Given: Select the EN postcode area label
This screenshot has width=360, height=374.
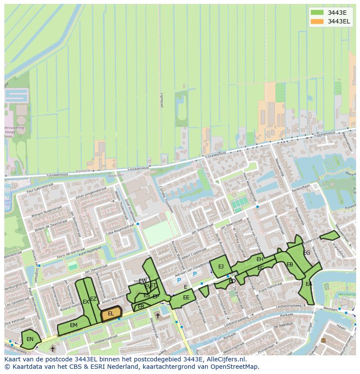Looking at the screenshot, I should point(30,339).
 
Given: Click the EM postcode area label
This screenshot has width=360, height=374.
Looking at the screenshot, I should point(73,325).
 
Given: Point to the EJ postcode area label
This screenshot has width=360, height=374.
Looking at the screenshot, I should point(221,267).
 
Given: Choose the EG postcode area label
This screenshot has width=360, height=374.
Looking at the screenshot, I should point(307,253).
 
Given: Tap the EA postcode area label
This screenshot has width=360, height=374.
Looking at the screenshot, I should point(309,284).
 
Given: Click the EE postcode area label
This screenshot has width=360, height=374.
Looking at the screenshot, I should point(186,298).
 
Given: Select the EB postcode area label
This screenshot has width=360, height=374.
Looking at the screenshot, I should point(290,265).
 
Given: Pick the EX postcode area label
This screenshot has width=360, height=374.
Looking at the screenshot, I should point(86,302).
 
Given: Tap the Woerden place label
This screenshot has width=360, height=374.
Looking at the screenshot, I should point(115,175).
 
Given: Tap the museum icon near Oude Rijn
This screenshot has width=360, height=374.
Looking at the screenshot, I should point(323,340).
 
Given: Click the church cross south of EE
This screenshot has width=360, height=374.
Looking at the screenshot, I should point(157,316).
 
